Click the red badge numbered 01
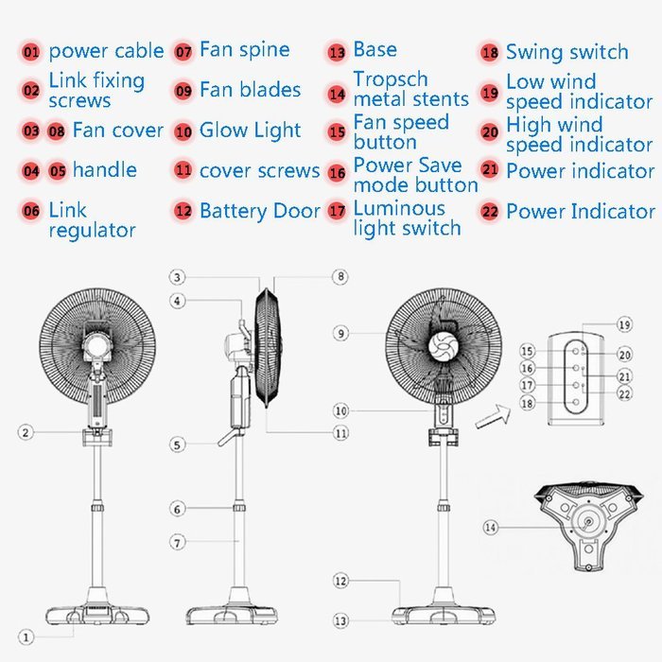[x=31, y=52]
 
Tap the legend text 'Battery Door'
[x=259, y=211]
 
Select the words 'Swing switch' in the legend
[x=566, y=52]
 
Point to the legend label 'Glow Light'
[x=250, y=131]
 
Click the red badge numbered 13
[x=337, y=52]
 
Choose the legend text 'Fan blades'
[x=250, y=91]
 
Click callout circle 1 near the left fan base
[x=27, y=637]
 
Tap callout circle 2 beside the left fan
[x=27, y=432]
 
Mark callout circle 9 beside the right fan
[x=340, y=333]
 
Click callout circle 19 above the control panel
[x=624, y=324]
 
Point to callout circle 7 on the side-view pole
[x=177, y=543]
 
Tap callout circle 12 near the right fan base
[x=340, y=580]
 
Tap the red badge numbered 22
[x=489, y=212]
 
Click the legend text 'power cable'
[x=106, y=51]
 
